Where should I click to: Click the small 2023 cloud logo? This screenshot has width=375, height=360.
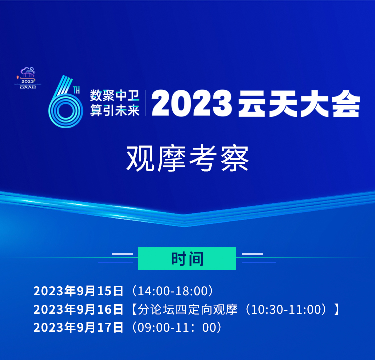27,78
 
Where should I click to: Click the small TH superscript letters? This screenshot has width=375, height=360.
76,90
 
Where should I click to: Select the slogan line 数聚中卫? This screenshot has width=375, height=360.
115,96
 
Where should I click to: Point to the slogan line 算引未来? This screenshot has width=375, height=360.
115,111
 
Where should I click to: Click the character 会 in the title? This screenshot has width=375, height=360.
346,104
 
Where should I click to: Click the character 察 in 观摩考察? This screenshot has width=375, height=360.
235,158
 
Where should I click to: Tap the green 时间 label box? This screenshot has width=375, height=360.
187,258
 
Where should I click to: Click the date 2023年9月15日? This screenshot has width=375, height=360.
78,291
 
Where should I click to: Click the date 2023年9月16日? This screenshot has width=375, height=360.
78,309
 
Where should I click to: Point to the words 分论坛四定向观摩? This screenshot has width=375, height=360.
188,309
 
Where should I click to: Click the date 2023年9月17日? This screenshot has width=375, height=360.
78,327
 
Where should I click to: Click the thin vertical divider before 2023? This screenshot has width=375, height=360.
145,103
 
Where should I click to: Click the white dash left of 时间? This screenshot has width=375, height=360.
122,254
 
